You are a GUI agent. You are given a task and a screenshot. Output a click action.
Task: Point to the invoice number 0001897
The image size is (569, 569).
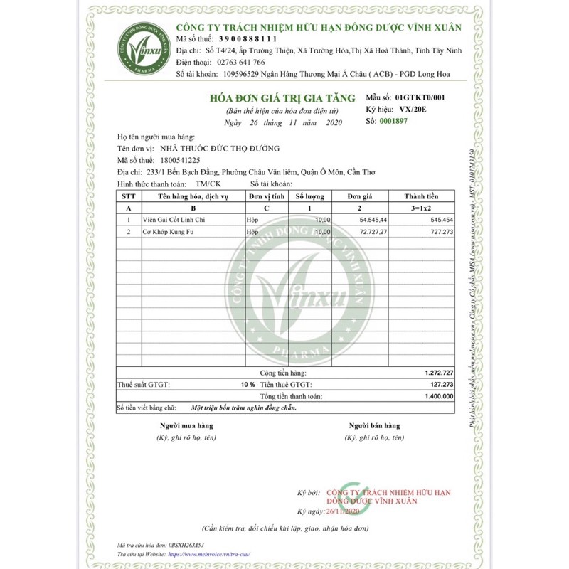click(x=394, y=122)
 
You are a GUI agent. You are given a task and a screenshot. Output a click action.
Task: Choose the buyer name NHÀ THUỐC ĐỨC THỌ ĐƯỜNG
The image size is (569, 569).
click(x=219, y=148)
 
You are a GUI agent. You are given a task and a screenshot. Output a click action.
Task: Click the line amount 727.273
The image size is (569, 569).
click(x=440, y=232)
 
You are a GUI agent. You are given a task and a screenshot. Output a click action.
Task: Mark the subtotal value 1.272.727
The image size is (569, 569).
click(x=437, y=373)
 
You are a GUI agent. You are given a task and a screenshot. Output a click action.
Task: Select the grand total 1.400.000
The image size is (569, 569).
click(x=437, y=396)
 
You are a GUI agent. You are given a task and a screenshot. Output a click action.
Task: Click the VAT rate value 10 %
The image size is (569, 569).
click(x=247, y=384)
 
